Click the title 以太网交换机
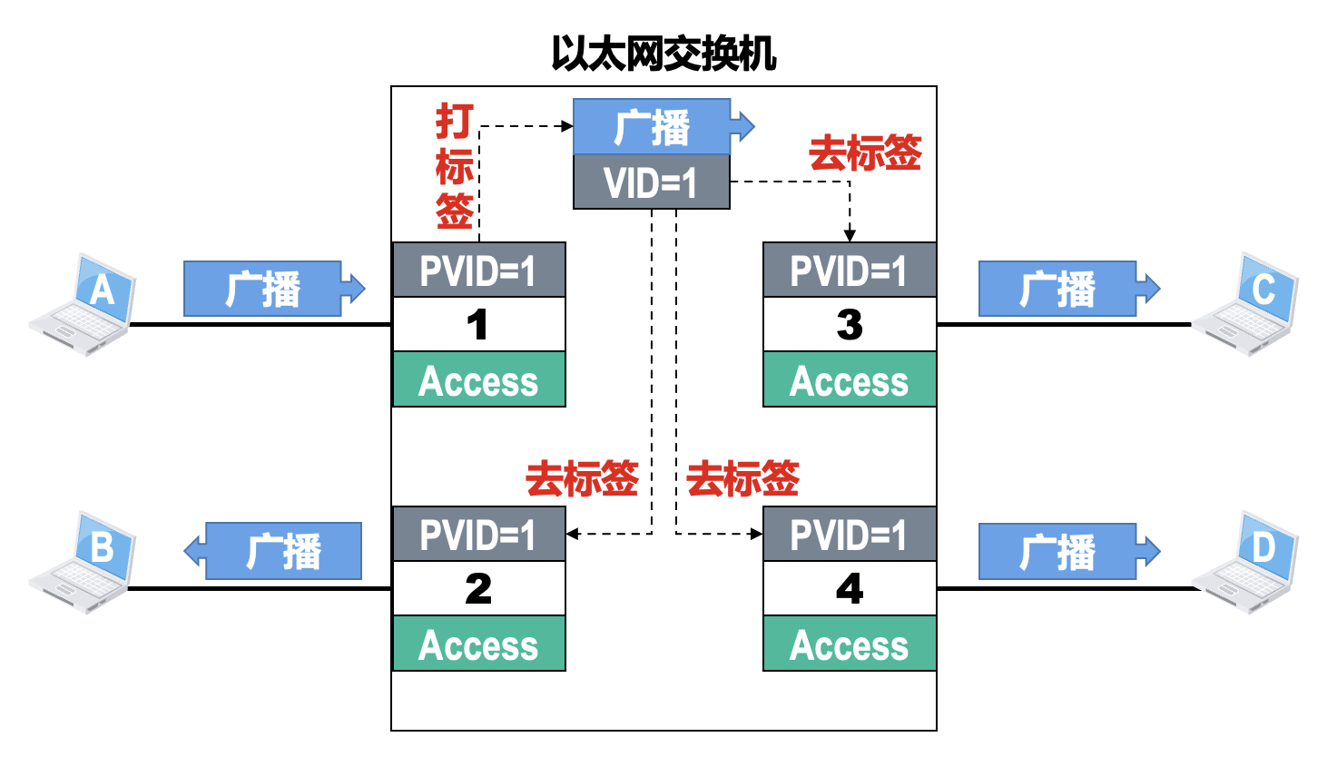tap(663, 54)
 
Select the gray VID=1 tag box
tap(651, 182)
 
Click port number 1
tap(478, 325)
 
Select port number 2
tap(478, 589)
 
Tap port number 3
tap(849, 325)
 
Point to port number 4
tap(849, 589)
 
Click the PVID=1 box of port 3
tap(849, 270)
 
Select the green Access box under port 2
tap(478, 644)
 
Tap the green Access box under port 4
tap(849, 644)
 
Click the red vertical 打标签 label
tap(454, 166)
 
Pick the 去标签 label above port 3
tap(865, 152)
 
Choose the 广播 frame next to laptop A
tap(263, 289)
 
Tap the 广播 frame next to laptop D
tap(1058, 551)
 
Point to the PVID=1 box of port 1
tap(478, 270)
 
